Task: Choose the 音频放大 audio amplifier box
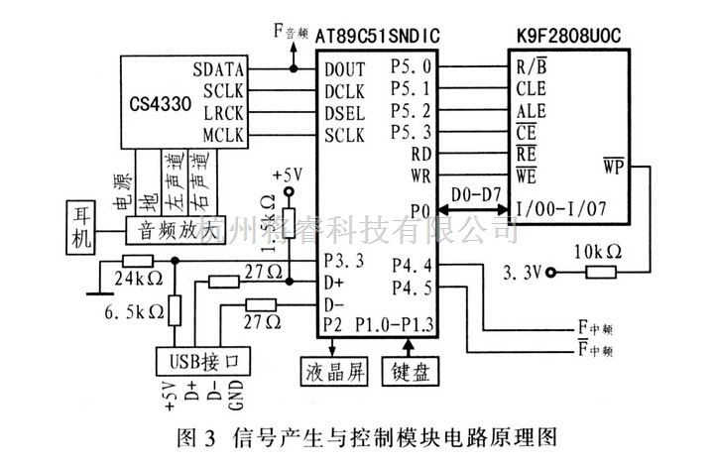tap(176, 227)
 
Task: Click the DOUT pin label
tap(343, 70)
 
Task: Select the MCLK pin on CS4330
tap(223, 132)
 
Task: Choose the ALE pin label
tap(531, 111)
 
